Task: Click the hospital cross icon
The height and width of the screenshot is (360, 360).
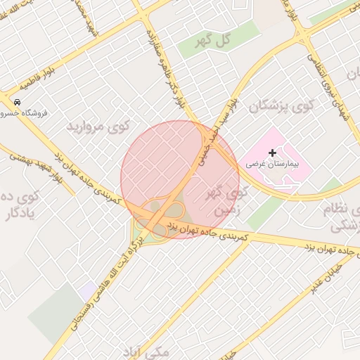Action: coord(273,152)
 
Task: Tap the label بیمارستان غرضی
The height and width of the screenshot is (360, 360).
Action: coord(273,163)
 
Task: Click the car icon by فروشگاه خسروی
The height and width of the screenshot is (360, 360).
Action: coord(17,101)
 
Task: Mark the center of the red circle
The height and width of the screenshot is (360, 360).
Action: coord(180,179)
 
